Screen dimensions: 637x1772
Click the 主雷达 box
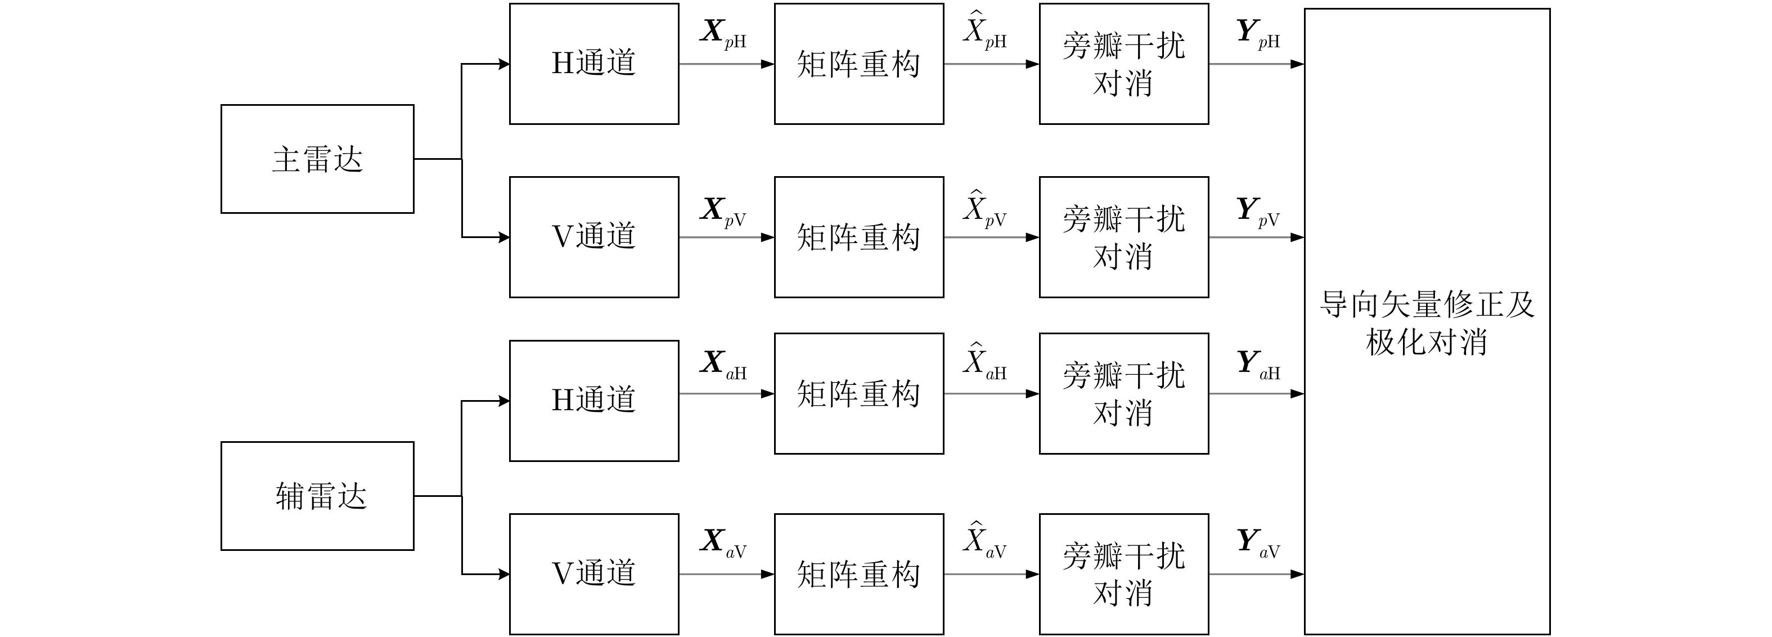[317, 159]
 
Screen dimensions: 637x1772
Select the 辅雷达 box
[317, 496]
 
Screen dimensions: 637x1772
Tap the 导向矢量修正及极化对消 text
[1427, 322]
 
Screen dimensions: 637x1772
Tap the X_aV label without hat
[723, 543]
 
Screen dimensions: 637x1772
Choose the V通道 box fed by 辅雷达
[593, 574]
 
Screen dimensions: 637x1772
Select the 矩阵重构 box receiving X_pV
[858, 237]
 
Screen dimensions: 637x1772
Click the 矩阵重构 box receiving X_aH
[858, 393]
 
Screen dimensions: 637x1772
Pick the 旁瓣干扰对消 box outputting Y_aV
[1123, 574]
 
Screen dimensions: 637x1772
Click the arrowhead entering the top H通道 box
[503, 64]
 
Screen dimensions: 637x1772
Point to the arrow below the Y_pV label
[1256, 237]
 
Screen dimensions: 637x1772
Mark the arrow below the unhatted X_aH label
[726, 393]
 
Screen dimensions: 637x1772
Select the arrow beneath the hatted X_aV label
[991, 574]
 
